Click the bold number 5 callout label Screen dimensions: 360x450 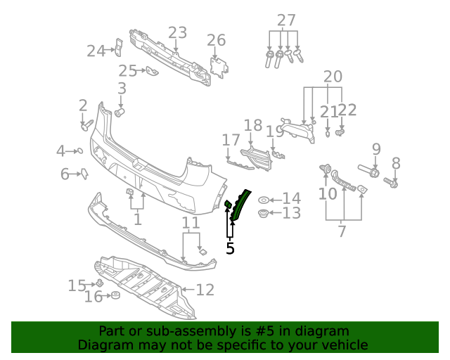click(230, 247)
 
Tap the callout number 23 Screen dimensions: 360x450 click(177, 33)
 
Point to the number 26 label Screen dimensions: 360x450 click(216, 40)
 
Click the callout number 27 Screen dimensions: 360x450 click(286, 20)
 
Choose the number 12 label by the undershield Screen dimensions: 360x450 click(205, 289)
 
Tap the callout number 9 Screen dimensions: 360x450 click(376, 149)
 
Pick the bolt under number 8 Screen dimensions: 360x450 click(392, 183)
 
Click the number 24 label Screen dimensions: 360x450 click(96, 51)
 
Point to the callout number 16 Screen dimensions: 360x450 click(94, 297)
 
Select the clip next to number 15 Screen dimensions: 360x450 click(100, 283)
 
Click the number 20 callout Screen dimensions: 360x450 click(333, 77)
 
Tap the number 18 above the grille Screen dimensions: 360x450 click(253, 126)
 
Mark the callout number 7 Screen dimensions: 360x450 click(342, 231)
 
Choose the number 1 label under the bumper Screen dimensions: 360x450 click(137, 219)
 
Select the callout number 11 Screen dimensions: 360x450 click(191, 224)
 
